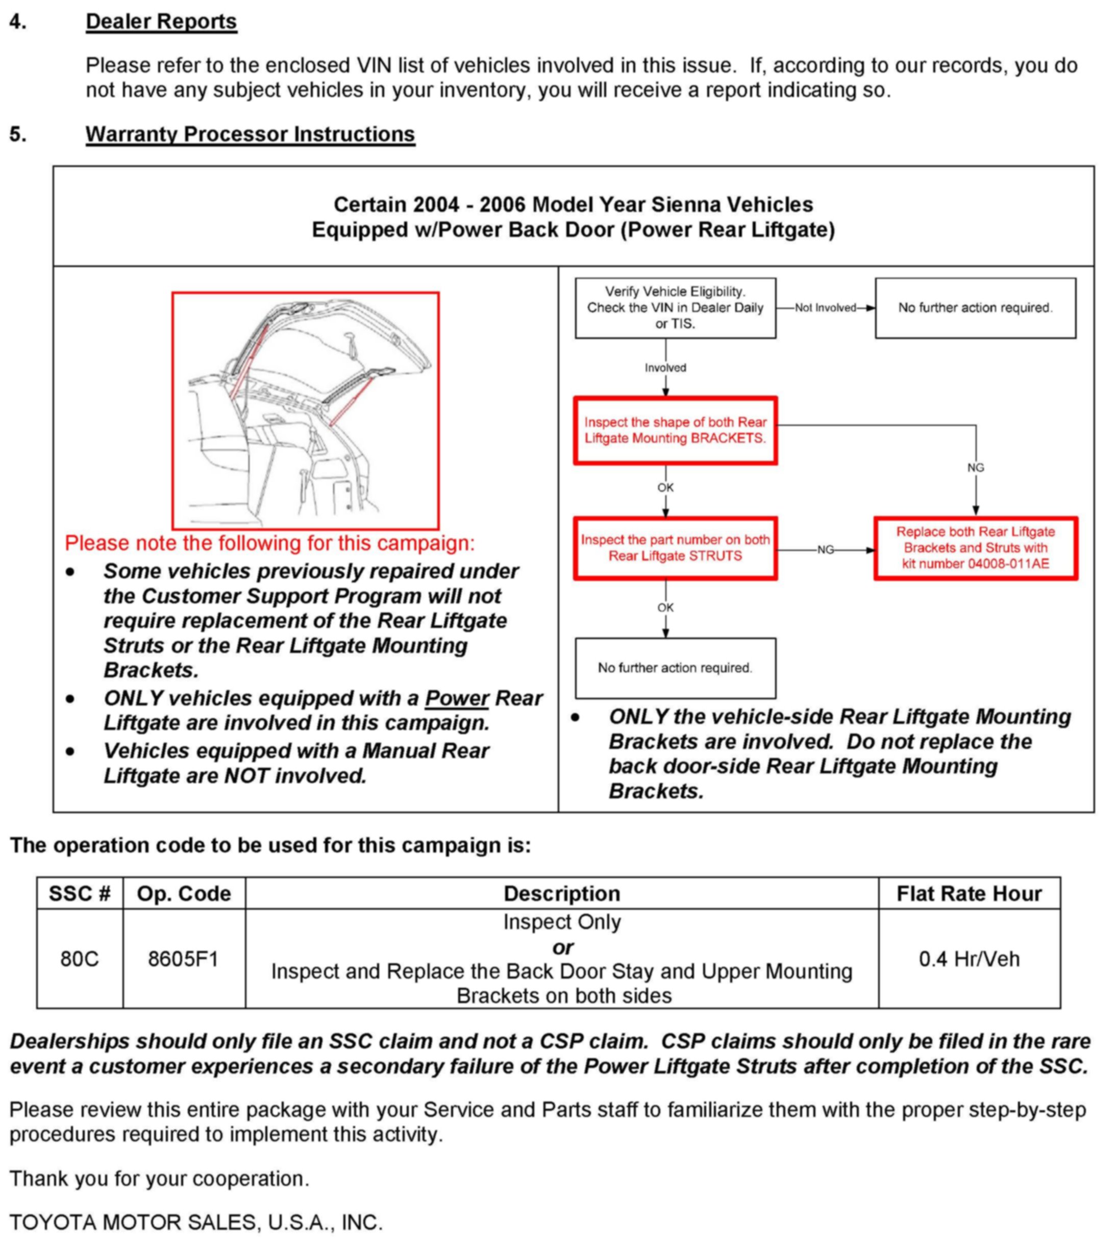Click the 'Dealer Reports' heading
coord(161,21)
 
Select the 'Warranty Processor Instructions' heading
coord(250,134)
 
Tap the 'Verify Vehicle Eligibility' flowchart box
coord(675,308)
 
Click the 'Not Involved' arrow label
coord(825,308)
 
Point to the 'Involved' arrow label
coord(665,368)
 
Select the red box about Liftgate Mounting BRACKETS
coord(675,430)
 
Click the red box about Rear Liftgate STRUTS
coord(675,548)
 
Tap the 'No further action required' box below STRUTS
coord(675,668)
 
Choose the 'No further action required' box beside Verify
coord(975,308)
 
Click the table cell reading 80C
coord(80,959)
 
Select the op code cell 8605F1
coord(184,959)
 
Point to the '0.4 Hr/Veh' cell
coord(968,959)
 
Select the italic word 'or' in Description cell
coord(562,947)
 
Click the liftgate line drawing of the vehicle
coord(305,410)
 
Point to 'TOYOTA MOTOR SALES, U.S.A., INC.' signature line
coord(196,1223)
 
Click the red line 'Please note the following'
coord(269,543)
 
